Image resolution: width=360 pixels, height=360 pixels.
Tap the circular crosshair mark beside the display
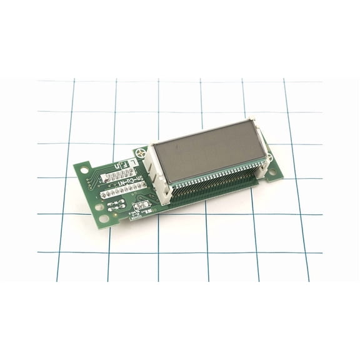click(x=141, y=152)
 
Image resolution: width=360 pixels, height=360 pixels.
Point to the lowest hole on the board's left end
click(x=103, y=219)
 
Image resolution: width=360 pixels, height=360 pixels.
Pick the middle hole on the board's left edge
click(x=99, y=206)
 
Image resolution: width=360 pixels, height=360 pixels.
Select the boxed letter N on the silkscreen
click(x=116, y=166)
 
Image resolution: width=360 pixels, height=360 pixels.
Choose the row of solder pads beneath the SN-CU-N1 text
click(x=124, y=193)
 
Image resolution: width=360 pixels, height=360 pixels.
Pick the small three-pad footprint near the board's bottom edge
click(x=142, y=206)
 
